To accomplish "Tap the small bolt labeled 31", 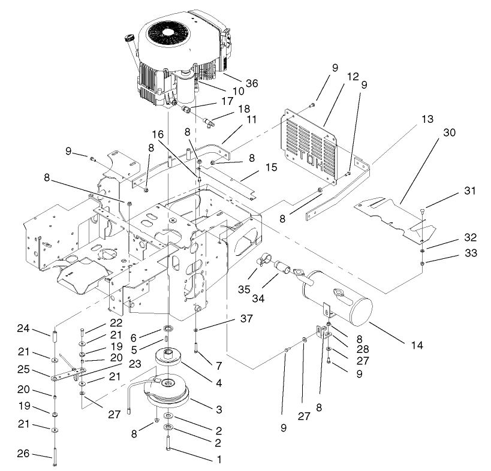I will point(423,210).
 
